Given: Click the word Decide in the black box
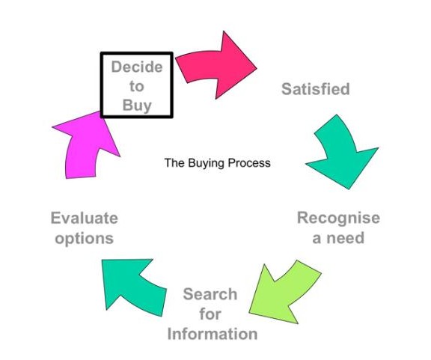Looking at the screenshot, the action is tap(137, 67).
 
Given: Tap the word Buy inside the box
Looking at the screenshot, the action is tap(137, 106).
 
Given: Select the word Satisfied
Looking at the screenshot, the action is tap(316, 89).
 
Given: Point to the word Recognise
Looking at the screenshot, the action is tap(339, 218).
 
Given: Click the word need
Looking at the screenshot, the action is tap(346, 238).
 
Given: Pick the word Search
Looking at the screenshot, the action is tap(210, 294).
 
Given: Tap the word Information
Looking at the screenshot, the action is tap(213, 334).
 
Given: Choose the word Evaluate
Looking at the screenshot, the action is tap(85, 218).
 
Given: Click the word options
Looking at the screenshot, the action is tap(84, 239).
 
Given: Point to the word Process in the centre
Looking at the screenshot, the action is tap(249, 163).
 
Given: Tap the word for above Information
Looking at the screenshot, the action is tap(210, 314).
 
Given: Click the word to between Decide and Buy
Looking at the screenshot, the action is tap(137, 86).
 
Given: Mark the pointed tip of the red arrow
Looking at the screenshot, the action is tap(257, 67).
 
